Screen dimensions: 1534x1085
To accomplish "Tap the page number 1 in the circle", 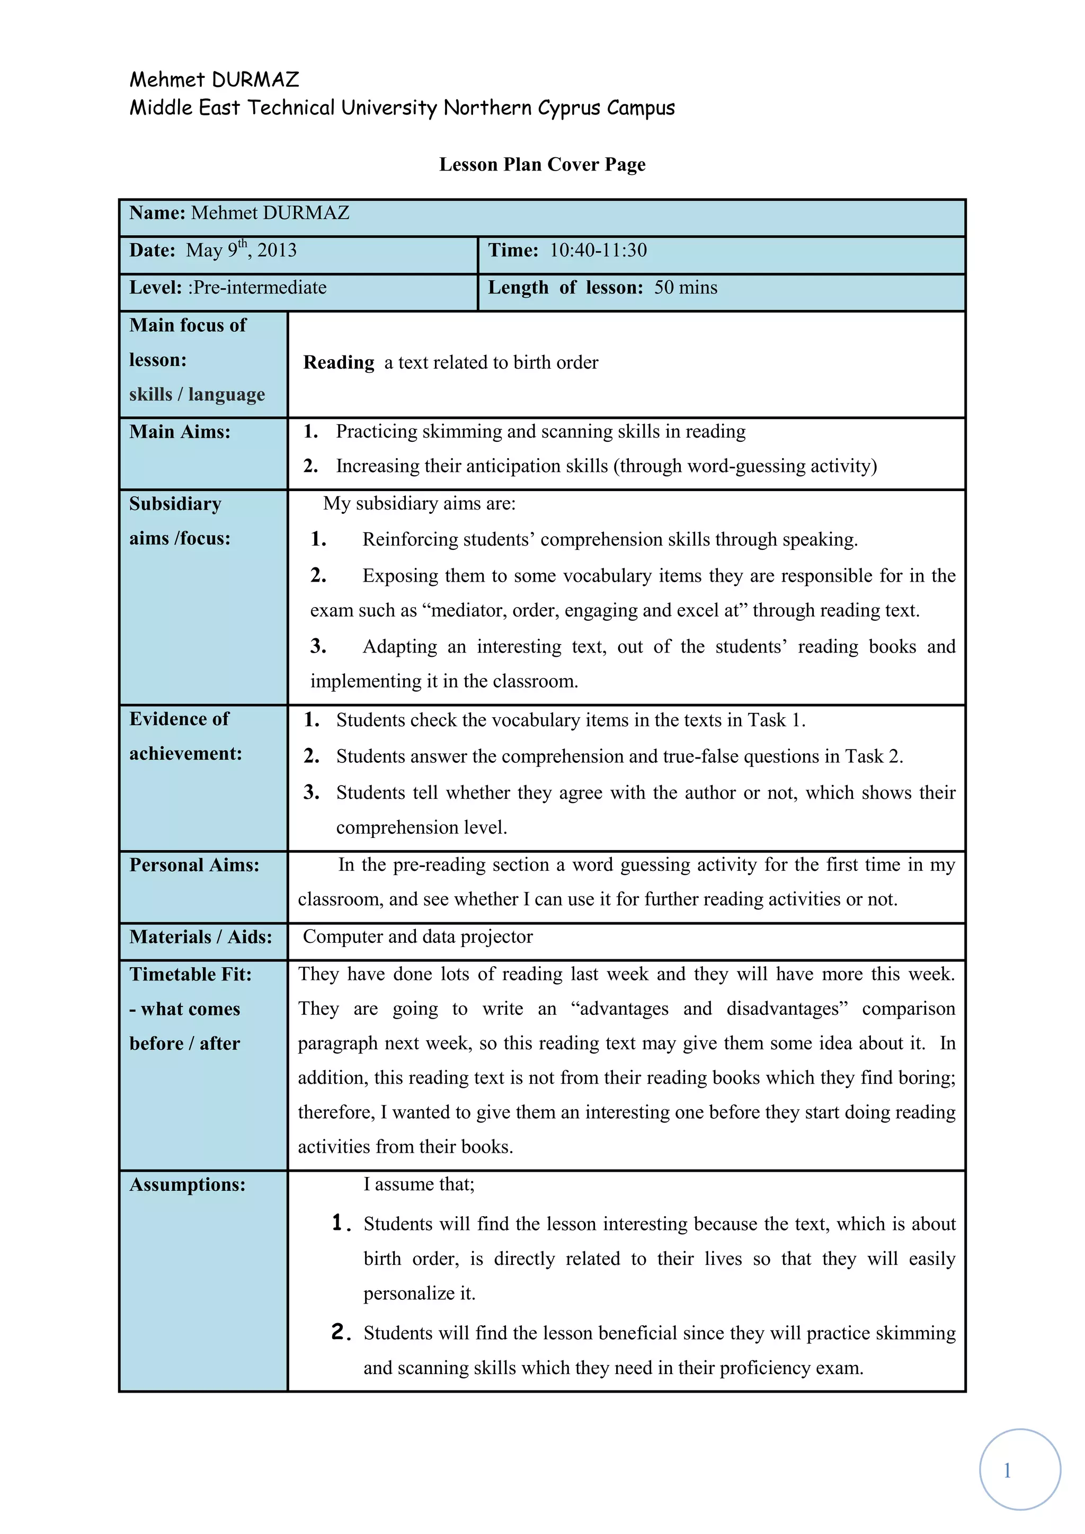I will (x=1007, y=1470).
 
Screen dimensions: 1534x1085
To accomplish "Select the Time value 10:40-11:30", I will (x=598, y=251).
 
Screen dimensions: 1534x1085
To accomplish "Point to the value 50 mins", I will (x=686, y=288).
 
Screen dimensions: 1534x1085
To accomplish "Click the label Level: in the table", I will (x=156, y=288).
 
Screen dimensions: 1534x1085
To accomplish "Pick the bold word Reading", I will (x=339, y=363).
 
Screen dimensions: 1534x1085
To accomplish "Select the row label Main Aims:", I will (x=180, y=432).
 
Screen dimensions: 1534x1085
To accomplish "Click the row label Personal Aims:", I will (x=194, y=865).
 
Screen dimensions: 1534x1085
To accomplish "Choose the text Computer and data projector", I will (x=417, y=938).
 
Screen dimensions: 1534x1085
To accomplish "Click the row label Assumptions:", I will (x=188, y=1184).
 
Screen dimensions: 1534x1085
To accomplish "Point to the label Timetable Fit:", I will (x=190, y=975).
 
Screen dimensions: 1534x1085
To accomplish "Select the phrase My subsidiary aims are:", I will (x=420, y=504).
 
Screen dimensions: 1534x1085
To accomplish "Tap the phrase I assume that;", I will (x=419, y=1184).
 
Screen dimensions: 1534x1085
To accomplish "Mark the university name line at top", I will (x=402, y=108).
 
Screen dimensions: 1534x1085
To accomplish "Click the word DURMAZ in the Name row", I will (x=306, y=213).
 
